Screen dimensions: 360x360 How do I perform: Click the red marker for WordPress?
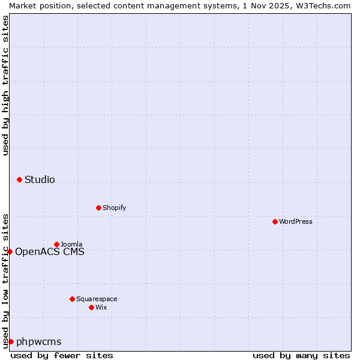click(275, 221)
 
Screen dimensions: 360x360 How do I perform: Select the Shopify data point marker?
click(98, 208)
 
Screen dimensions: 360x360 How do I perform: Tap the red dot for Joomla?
click(56, 244)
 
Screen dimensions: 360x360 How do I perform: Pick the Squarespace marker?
click(72, 299)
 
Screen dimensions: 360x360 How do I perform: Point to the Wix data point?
click(91, 307)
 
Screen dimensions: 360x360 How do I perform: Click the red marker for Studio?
click(19, 179)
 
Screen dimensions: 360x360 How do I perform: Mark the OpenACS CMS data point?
click(10, 251)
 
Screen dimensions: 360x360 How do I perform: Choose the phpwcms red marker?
click(11, 341)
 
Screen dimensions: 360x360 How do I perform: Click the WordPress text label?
click(295, 221)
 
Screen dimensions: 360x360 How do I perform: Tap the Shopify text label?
click(114, 208)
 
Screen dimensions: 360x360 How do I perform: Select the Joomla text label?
click(71, 244)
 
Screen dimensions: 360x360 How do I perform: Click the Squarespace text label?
click(97, 299)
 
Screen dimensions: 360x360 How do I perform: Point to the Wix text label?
click(101, 307)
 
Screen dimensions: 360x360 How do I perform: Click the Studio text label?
click(40, 179)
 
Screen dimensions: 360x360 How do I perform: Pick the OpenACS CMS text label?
click(50, 251)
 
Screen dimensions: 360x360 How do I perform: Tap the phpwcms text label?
click(39, 341)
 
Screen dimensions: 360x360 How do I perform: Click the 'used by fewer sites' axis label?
click(62, 355)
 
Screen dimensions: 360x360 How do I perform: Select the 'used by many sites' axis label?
click(301, 355)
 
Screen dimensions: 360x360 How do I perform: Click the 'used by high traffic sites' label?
click(5, 85)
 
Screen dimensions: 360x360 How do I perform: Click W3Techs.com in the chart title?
click(322, 5)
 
